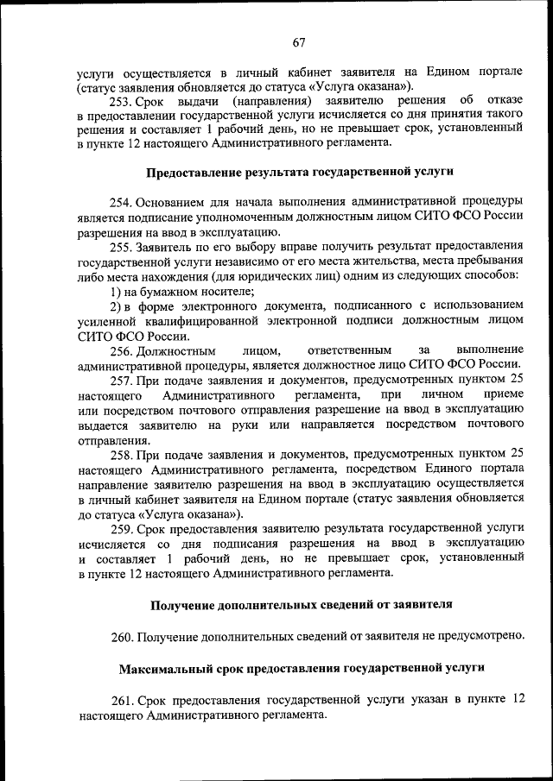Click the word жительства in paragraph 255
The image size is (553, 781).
point(391,261)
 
